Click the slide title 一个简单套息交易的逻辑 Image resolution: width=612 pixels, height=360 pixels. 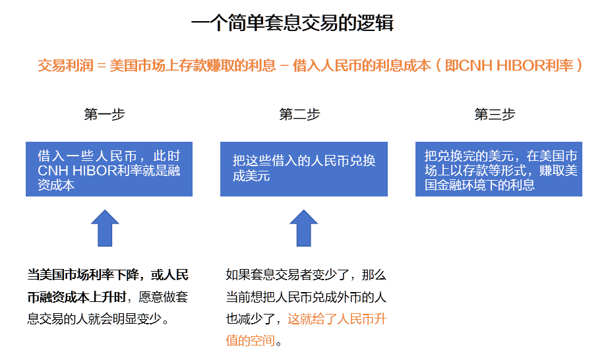292,22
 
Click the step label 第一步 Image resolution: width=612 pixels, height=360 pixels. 104,114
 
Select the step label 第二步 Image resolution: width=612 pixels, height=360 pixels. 299,114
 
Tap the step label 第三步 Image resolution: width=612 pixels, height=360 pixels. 495,114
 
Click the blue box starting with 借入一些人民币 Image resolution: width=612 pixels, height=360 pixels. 109,169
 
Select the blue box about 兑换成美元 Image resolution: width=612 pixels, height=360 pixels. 303,169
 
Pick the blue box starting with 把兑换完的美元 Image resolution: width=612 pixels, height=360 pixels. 499,169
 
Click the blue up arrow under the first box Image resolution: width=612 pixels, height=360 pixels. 105,228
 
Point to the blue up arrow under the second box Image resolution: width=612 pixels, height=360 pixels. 303,228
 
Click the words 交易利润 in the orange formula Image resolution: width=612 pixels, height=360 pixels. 65,65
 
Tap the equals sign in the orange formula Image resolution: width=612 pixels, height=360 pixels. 102,66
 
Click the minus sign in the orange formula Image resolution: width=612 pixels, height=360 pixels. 284,66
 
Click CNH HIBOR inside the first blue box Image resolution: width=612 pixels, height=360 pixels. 77,171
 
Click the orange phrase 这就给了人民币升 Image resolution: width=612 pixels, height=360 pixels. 337,319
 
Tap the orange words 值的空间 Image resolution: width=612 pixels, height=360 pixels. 251,340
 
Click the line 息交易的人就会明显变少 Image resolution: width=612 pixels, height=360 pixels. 98,319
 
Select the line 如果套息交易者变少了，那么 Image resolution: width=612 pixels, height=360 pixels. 306,275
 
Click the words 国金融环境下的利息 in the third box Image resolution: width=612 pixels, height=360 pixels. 479,185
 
